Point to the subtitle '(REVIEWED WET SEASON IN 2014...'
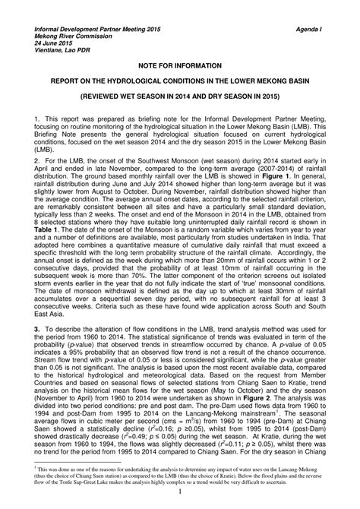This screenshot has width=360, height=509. (179, 97)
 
